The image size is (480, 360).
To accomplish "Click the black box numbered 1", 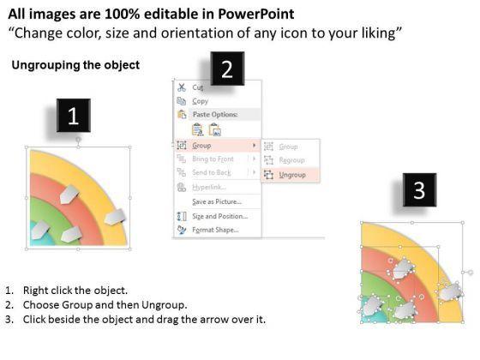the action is click(x=74, y=116).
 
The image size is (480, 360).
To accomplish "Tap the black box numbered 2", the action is click(x=227, y=69).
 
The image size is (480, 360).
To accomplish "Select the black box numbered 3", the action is click(x=419, y=189).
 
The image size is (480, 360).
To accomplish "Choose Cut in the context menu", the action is click(x=198, y=87).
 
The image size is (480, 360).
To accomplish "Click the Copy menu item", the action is click(x=201, y=101).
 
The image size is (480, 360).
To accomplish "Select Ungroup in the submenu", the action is click(x=292, y=175).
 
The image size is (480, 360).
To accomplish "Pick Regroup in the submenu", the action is click(x=291, y=160).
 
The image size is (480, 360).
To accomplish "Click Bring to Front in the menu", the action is click(x=213, y=159).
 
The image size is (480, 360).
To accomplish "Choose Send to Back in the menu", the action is click(x=212, y=172).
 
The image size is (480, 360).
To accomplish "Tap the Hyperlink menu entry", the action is click(x=209, y=187).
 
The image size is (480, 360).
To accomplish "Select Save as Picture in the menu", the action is click(x=217, y=201).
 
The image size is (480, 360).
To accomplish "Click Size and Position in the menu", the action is click(x=219, y=216).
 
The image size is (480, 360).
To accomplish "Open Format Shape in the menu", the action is click(x=215, y=230).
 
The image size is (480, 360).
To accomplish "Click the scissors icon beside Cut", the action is click(x=182, y=87).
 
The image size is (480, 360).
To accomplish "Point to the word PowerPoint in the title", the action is click(x=256, y=14).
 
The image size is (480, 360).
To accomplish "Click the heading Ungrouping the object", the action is click(x=75, y=65).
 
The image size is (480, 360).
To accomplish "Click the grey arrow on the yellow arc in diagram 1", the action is click(x=115, y=216).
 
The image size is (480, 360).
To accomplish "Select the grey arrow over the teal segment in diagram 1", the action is click(x=39, y=230).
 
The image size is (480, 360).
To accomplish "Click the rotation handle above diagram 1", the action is click(x=78, y=140).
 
